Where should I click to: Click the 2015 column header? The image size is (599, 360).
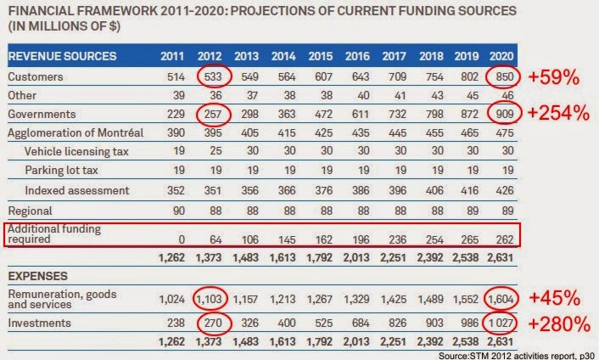click(320, 56)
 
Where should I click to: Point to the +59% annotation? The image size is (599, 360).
click(552, 77)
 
